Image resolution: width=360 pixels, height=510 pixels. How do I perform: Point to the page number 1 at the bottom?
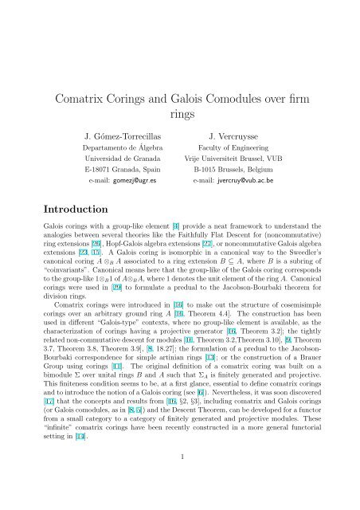[x=180, y=479]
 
